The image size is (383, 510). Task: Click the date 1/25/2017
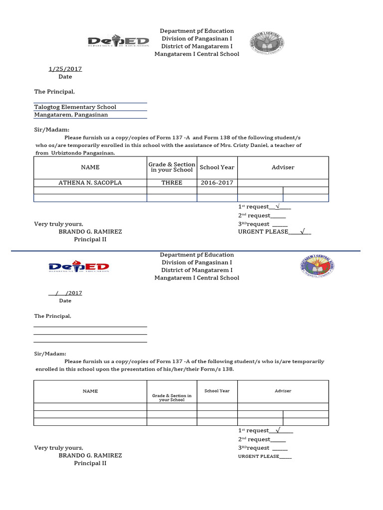pyautogui.click(x=65, y=69)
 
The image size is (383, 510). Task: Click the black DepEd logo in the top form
pyautogui.click(x=118, y=42)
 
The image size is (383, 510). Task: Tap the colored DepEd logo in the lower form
pyautogui.click(x=79, y=267)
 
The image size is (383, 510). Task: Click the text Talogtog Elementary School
pyautogui.click(x=75, y=107)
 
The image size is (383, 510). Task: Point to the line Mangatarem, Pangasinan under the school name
pyautogui.click(x=71, y=115)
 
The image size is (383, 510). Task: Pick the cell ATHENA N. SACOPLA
pyautogui.click(x=90, y=183)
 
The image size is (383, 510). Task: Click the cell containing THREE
pyautogui.click(x=172, y=183)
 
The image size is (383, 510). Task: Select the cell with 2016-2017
pyautogui.click(x=217, y=183)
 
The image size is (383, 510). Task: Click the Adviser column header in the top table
pyautogui.click(x=283, y=167)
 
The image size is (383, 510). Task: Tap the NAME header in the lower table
pyautogui.click(x=90, y=391)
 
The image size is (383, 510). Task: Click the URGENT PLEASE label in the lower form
pyautogui.click(x=258, y=456)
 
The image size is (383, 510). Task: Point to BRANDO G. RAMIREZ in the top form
pyautogui.click(x=90, y=232)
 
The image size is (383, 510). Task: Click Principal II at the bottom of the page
pyautogui.click(x=90, y=463)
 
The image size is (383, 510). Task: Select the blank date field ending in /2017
pyautogui.click(x=65, y=293)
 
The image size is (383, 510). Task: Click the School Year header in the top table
pyautogui.click(x=217, y=167)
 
